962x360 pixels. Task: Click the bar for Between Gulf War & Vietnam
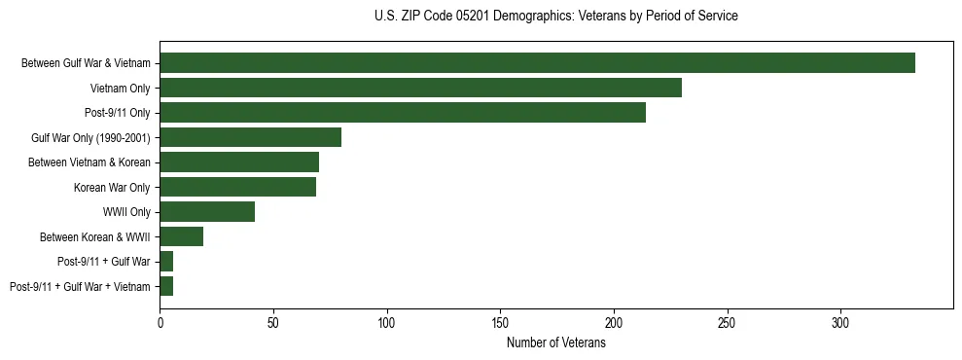(537, 63)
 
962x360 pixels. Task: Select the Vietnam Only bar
(420, 88)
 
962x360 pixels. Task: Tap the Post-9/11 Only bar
(403, 113)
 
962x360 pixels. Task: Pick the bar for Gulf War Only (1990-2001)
(250, 137)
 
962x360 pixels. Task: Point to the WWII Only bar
(207, 212)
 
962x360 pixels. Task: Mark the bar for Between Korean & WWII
(181, 236)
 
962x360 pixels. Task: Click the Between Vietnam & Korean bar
(239, 162)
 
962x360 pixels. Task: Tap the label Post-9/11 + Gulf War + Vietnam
(80, 286)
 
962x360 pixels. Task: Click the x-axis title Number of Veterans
(555, 342)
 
